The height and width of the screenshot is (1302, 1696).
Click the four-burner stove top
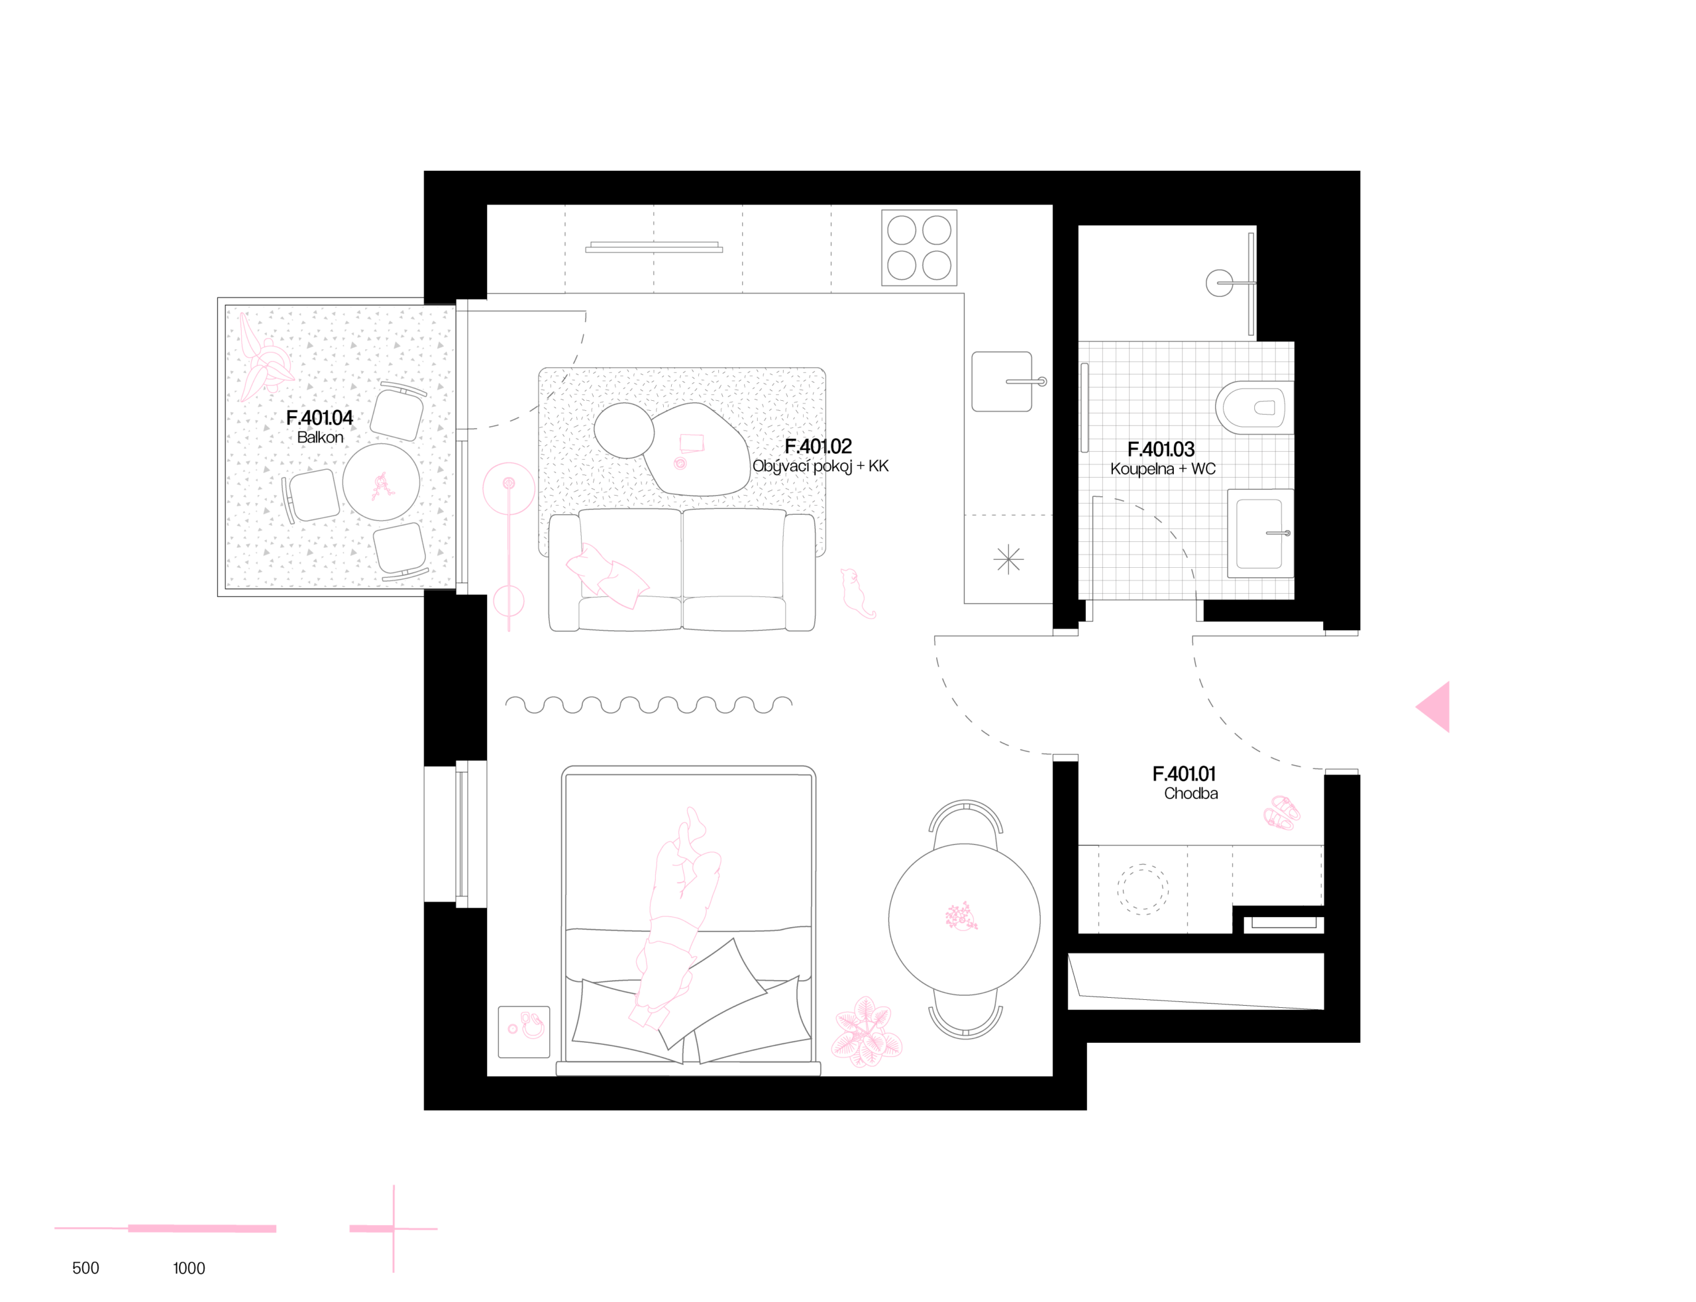[919, 248]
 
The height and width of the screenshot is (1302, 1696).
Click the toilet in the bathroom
[1255, 408]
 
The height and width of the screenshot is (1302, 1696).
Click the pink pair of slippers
[1281, 813]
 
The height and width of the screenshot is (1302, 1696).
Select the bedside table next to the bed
[524, 1032]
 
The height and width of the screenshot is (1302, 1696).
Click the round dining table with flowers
[964, 919]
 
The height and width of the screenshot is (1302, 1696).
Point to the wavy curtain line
[649, 704]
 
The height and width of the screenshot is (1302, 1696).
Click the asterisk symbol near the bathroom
[1008, 559]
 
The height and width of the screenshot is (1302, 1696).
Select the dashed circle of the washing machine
[1142, 890]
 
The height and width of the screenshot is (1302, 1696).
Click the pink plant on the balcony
[264, 360]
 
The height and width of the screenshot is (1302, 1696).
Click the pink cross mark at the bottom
[393, 1228]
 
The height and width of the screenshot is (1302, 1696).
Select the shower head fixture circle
[1219, 283]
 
